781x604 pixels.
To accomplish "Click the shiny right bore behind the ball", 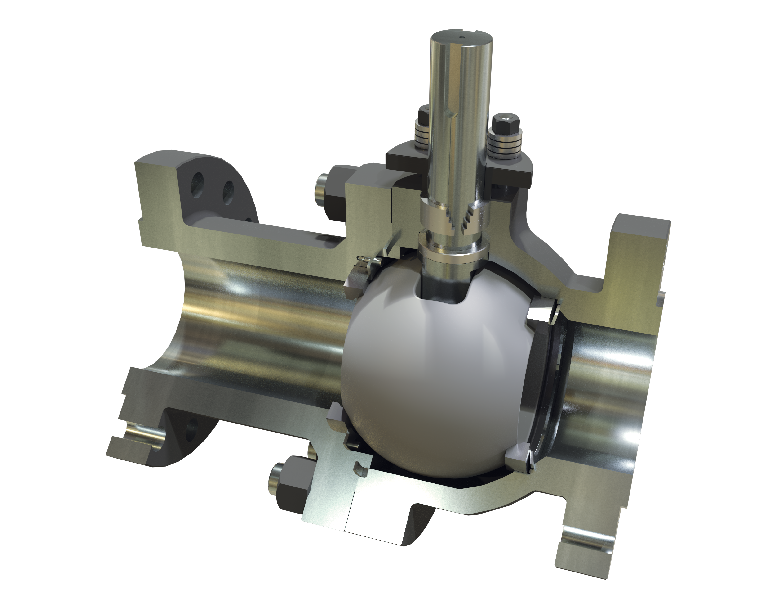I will click(x=608, y=376).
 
